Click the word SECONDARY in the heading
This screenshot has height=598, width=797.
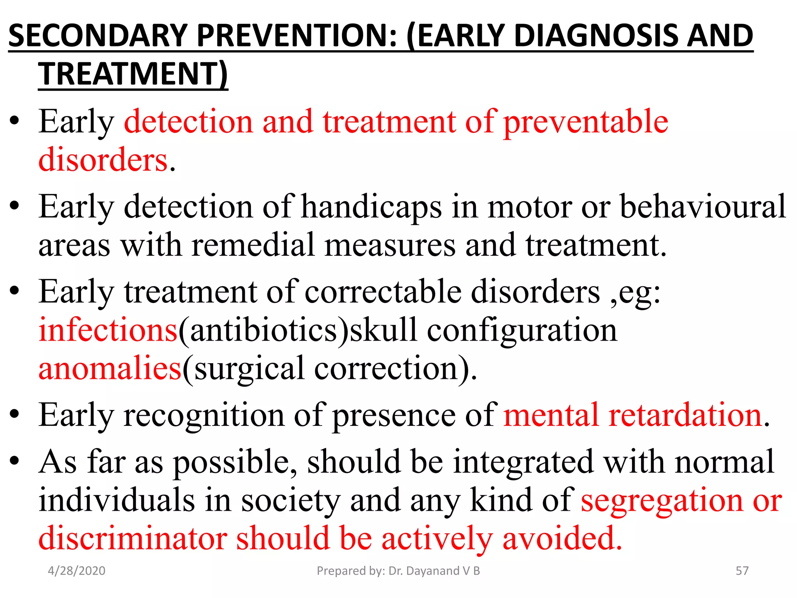98,36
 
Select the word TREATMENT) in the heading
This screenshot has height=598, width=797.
133,74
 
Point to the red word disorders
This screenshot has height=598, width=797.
103,160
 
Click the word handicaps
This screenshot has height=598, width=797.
372,207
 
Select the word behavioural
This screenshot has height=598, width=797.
703,207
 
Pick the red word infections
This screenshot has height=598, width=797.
108,330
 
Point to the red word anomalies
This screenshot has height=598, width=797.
110,368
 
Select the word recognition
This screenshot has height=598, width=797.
204,415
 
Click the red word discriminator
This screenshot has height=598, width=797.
133,538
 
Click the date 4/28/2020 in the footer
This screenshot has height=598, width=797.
76,571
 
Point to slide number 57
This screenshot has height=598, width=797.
742,571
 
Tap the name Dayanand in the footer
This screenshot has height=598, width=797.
432,571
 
